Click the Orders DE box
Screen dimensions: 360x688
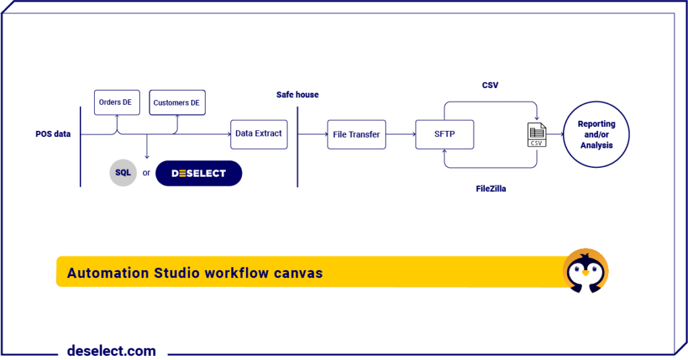click(116, 102)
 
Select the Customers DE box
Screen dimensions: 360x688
click(177, 103)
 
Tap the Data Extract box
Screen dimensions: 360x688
click(259, 134)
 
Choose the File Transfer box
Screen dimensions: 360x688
click(356, 134)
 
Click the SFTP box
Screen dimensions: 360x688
click(444, 134)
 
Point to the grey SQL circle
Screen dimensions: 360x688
click(123, 173)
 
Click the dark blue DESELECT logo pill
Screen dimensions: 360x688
click(198, 173)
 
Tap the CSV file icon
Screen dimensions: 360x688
click(536, 134)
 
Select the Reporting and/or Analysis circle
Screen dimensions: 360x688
click(597, 134)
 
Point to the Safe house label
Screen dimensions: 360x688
click(298, 95)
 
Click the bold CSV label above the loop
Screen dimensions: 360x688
click(490, 85)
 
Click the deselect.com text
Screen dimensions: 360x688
click(112, 351)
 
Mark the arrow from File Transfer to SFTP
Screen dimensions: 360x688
click(400, 134)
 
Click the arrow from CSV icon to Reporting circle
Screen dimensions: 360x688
click(555, 134)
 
